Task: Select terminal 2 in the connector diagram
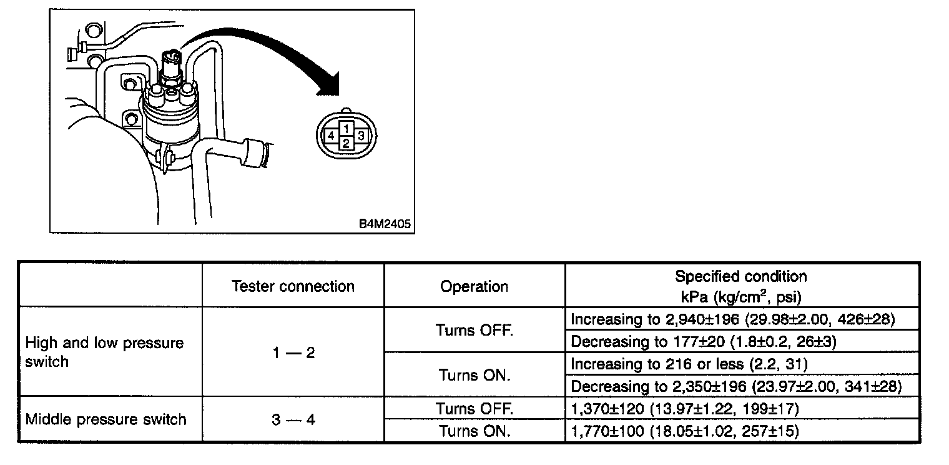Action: click(347, 143)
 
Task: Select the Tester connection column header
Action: click(293, 286)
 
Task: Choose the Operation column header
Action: click(474, 286)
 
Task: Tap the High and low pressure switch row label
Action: click(104, 352)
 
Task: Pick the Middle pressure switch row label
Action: click(106, 419)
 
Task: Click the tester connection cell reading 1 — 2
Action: click(293, 352)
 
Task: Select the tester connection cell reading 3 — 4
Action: click(293, 419)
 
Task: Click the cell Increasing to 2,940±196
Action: click(733, 319)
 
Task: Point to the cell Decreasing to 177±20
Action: click(704, 342)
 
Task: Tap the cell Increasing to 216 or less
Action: click(692, 364)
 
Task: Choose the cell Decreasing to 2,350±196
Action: click(736, 386)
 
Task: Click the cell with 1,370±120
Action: click(684, 409)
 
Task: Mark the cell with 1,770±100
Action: click(684, 431)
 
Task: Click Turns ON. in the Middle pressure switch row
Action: click(474, 431)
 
